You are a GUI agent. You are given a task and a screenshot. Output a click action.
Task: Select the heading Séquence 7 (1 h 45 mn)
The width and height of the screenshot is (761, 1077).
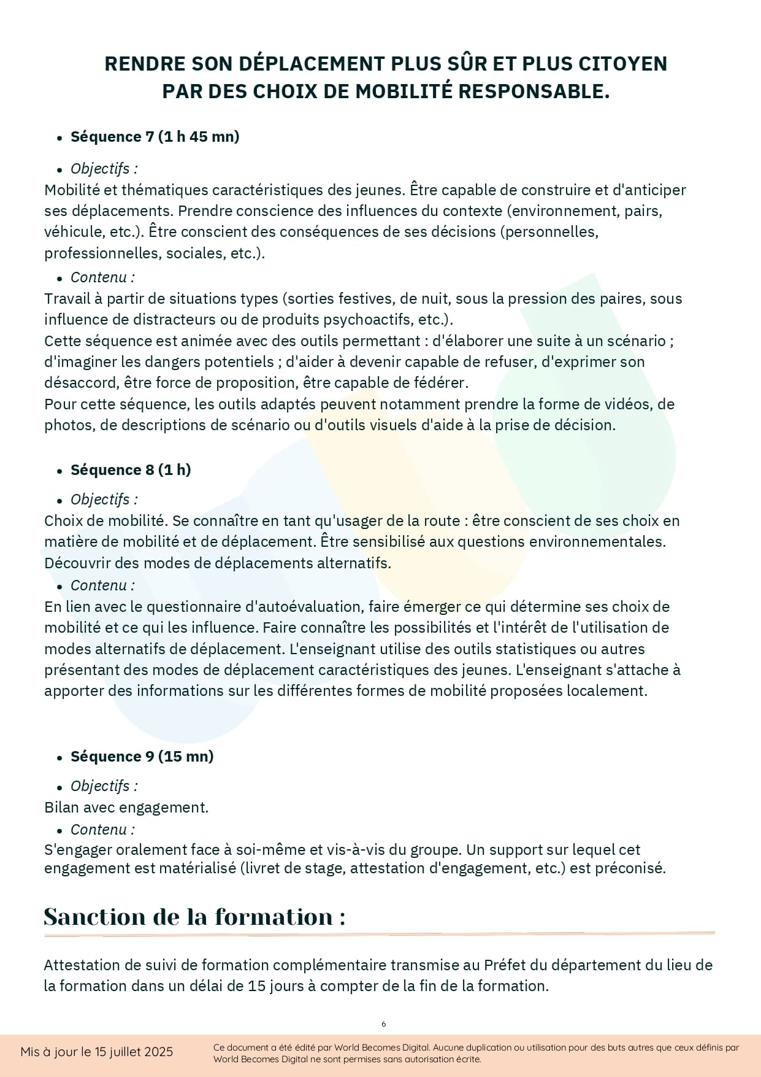click(155, 137)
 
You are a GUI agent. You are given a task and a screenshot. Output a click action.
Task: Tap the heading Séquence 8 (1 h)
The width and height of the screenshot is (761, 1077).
click(131, 470)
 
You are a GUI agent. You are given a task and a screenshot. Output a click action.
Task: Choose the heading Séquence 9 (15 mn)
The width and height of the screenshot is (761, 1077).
click(142, 757)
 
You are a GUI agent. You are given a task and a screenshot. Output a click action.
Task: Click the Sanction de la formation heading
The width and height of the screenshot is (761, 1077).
click(194, 917)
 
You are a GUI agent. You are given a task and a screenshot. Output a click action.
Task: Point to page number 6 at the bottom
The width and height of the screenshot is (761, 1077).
click(384, 1024)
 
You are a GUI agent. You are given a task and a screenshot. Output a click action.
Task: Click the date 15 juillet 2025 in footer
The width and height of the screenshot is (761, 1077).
click(134, 1052)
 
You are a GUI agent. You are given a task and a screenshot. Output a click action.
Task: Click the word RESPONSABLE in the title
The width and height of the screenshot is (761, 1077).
click(532, 91)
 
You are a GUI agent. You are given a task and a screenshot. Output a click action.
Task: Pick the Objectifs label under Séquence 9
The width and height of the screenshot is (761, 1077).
click(104, 786)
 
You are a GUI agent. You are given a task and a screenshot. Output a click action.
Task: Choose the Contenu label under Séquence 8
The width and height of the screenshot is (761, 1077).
click(102, 585)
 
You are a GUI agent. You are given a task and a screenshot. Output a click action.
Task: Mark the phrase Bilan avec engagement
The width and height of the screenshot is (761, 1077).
click(126, 808)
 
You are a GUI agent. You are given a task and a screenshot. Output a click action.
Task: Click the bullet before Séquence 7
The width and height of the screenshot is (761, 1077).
click(59, 138)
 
